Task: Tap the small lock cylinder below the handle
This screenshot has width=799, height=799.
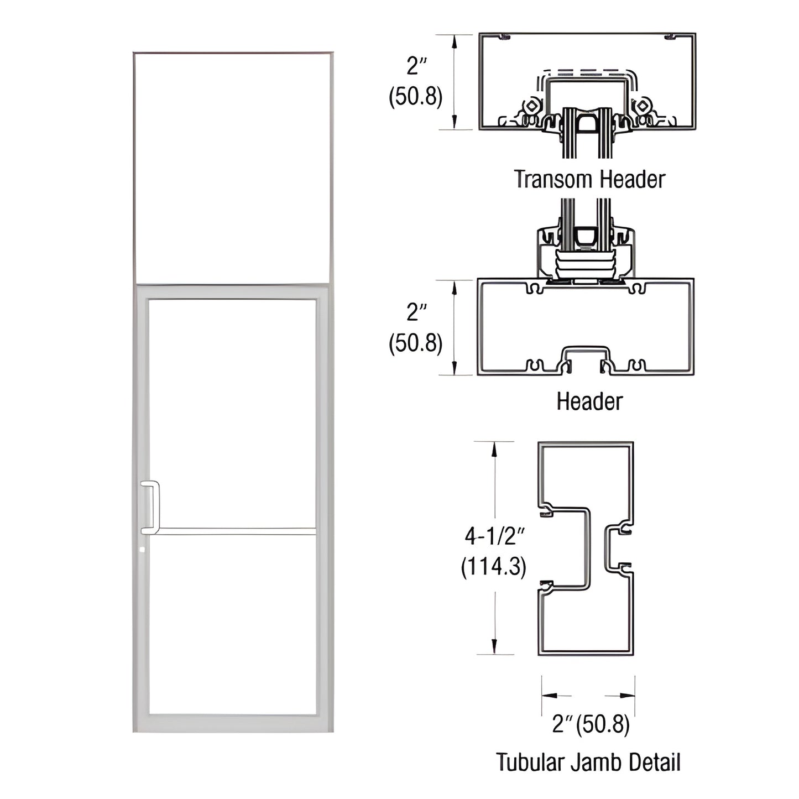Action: (143, 550)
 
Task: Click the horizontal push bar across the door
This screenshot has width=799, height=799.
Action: (232, 531)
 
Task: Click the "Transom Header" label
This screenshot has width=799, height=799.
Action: (589, 179)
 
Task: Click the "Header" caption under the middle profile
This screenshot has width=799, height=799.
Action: (589, 401)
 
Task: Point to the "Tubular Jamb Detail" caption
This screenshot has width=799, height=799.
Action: (588, 762)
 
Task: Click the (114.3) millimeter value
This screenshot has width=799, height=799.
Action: (494, 566)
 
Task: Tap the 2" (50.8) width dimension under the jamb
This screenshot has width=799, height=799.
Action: (591, 724)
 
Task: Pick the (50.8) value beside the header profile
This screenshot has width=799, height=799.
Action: (416, 344)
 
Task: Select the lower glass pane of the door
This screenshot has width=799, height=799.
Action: (232, 625)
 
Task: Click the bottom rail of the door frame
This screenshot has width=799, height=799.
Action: (232, 723)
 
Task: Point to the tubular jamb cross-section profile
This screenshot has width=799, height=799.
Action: (586, 547)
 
